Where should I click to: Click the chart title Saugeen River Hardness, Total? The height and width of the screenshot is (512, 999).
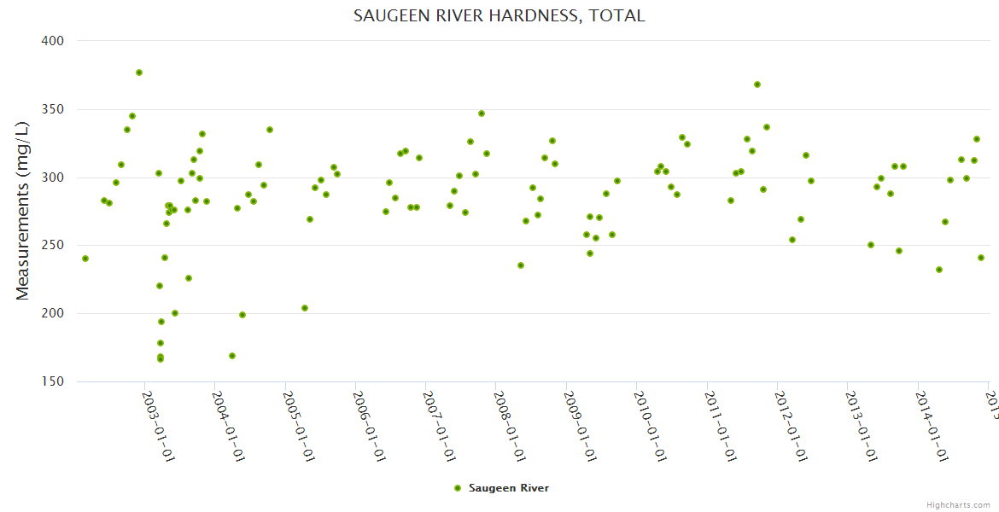point(499,16)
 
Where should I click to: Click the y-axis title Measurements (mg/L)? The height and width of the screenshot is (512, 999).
point(23,211)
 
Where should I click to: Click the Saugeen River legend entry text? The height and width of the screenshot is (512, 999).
point(509,488)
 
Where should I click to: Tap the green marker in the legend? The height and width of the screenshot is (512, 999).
point(458,488)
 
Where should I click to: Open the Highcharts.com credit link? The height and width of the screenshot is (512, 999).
point(958,504)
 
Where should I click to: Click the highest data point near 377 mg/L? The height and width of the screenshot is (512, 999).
point(139,73)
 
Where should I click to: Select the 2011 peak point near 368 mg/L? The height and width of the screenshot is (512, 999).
point(757,84)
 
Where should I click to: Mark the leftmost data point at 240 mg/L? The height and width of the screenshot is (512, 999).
point(85,259)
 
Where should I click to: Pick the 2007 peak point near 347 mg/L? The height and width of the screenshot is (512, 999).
point(482,113)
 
